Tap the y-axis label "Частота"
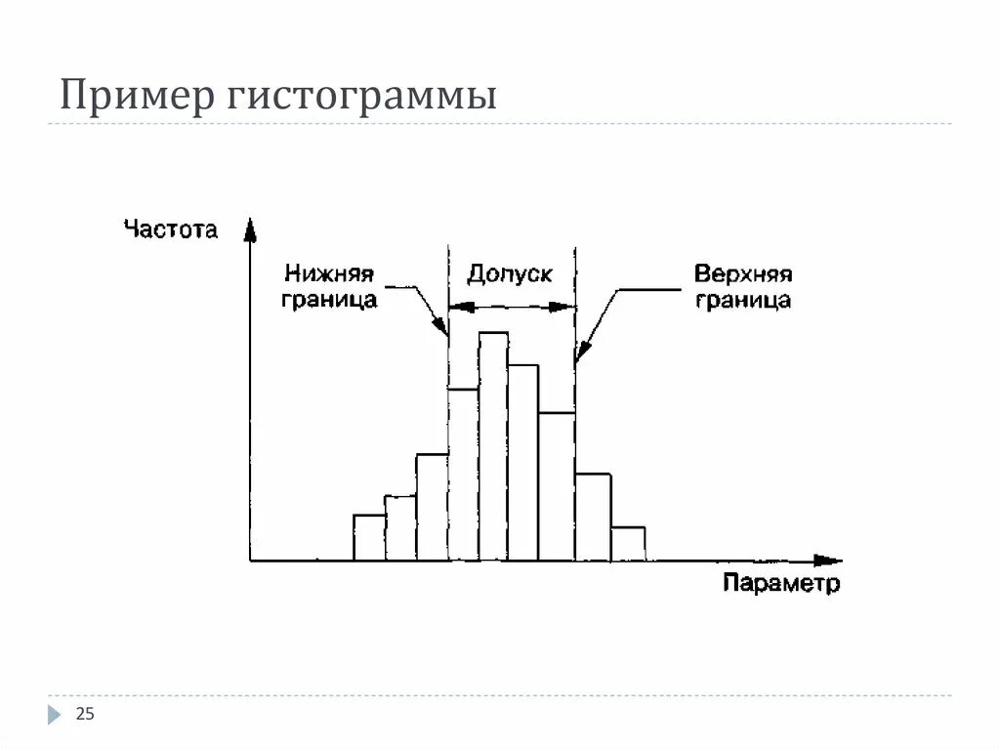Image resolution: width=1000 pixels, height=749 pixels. (x=171, y=230)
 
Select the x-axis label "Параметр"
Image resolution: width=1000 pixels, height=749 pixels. (x=780, y=584)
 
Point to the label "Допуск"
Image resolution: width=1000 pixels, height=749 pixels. (x=509, y=273)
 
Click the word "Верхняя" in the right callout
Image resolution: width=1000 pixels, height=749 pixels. (x=741, y=273)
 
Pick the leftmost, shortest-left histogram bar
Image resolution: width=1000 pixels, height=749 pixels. (x=369, y=537)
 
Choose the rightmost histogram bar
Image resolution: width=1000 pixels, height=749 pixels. (x=628, y=544)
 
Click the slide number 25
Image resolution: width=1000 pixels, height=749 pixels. (x=85, y=715)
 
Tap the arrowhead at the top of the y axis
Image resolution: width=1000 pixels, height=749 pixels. (x=251, y=229)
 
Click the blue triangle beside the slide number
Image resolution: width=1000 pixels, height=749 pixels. (x=54, y=715)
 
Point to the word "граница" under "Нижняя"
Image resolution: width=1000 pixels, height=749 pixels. (x=329, y=300)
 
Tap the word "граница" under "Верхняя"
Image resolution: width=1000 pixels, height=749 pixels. (x=742, y=300)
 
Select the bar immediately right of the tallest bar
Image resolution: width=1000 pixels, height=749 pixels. (x=523, y=463)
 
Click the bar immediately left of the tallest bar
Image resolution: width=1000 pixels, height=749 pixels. (x=463, y=475)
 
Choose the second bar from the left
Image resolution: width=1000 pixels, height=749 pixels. (x=400, y=527)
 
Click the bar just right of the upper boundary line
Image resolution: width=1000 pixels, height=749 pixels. (x=593, y=518)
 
